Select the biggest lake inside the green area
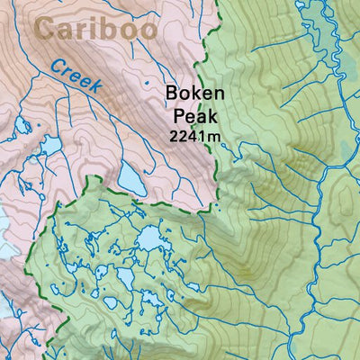tap(149, 238)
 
